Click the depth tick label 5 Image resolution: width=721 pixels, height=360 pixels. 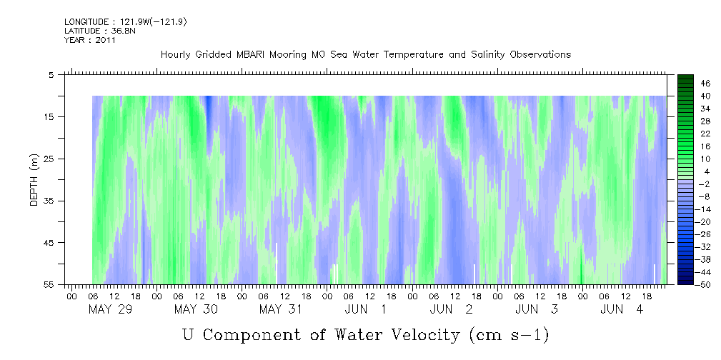[x=51, y=74]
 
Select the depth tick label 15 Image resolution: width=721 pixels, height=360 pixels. [x=49, y=116]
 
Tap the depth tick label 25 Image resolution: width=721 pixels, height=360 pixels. [x=49, y=159]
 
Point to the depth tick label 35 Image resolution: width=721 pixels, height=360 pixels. [x=49, y=201]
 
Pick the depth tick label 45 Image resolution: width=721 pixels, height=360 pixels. [x=49, y=243]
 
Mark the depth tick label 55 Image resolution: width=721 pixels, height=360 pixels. [x=49, y=285]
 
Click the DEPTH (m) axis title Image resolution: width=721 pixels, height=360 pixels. [x=34, y=179]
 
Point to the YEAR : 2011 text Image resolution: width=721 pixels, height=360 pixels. [x=90, y=40]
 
